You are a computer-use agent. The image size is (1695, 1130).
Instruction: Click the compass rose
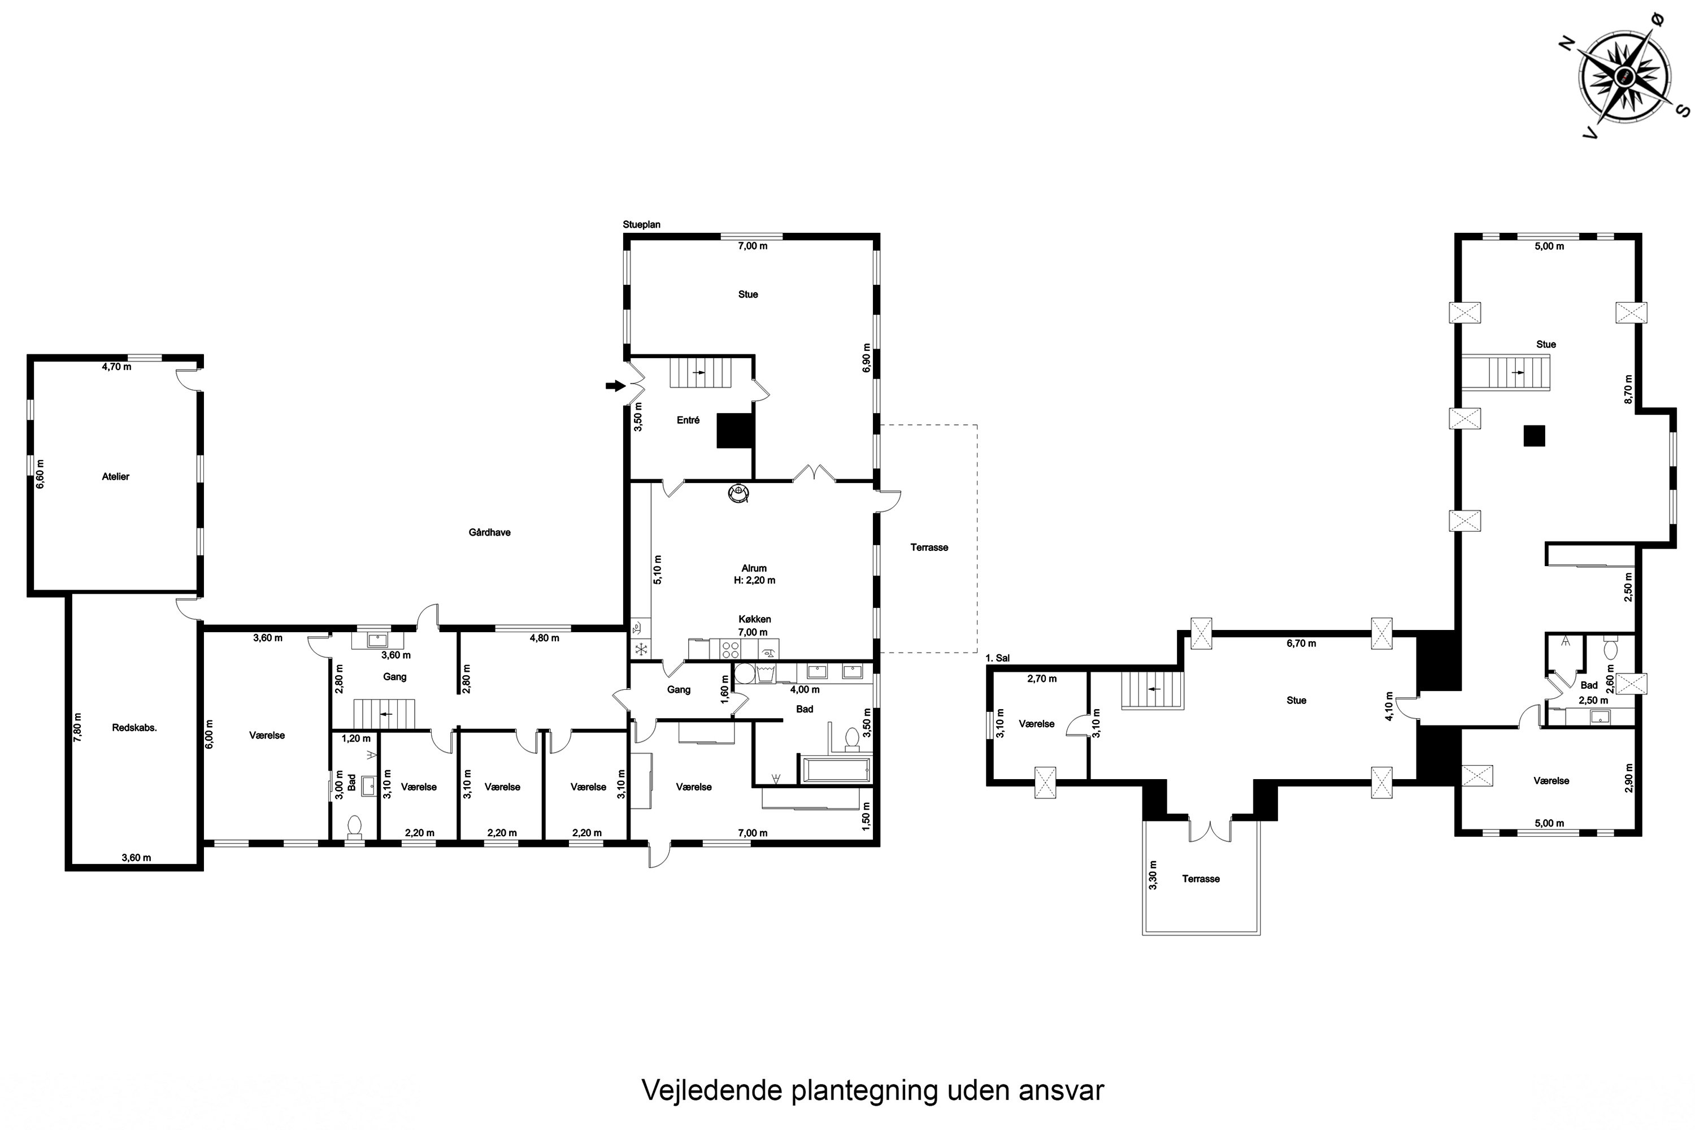[x=1624, y=77]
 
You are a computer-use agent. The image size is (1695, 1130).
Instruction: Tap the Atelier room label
[x=115, y=476]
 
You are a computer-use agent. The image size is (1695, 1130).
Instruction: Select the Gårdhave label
[x=489, y=533]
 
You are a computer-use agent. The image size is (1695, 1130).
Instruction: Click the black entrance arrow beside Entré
[x=615, y=386]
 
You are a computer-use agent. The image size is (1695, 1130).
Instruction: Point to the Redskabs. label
[x=134, y=728]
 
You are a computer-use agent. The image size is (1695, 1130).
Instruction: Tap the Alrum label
[x=754, y=568]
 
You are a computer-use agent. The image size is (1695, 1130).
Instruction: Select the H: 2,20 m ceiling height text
[x=754, y=580]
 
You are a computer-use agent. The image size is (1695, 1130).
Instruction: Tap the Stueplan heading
[x=641, y=224]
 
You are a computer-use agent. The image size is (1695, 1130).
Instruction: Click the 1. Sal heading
[x=997, y=658]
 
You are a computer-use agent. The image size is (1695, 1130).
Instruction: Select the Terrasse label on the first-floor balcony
[x=1201, y=879]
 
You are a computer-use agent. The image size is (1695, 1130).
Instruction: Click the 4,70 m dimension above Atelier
[x=117, y=366]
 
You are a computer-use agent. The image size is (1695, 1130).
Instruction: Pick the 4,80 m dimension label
[x=544, y=638]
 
